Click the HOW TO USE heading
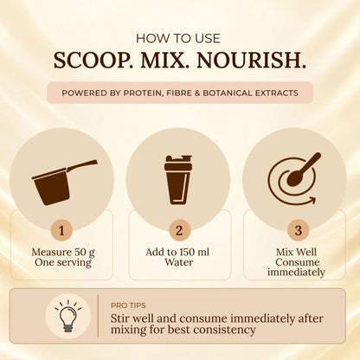coord(178,39)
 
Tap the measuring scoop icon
coord(65,183)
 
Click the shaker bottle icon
coord(178,180)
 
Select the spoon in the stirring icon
coord(304,170)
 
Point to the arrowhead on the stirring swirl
coord(312,200)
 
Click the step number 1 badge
coord(61,230)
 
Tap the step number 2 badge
coord(179,230)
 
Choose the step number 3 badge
coord(298,230)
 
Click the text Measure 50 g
coord(63,253)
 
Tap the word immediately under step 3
coord(296,272)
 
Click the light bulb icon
coord(68,316)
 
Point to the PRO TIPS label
coord(128,305)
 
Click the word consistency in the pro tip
coord(224,330)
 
